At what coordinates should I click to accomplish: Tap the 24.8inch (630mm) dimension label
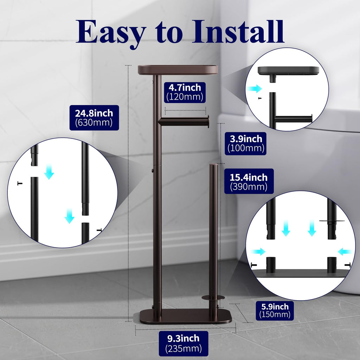coord(94,118)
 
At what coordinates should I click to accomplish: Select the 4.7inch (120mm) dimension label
coord(185,92)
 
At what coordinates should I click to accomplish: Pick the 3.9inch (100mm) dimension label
coord(246,143)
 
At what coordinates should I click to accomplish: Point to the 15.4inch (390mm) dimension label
coord(249,182)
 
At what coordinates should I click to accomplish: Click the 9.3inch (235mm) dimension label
coord(184,343)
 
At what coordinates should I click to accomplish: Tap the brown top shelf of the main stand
coord(178,70)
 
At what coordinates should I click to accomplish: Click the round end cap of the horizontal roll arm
coord(208,122)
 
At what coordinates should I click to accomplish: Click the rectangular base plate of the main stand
coord(185,316)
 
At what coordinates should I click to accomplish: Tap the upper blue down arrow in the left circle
coord(49,173)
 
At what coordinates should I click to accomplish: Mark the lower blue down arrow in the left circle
coord(69,217)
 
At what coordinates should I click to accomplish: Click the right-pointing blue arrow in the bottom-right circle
coord(258,251)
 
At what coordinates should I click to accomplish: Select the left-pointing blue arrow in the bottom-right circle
coord(345,251)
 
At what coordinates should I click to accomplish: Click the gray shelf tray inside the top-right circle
coord(288,70)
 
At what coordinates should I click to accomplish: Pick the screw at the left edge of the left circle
coord(20,183)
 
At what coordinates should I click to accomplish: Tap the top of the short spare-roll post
coord(213,165)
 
